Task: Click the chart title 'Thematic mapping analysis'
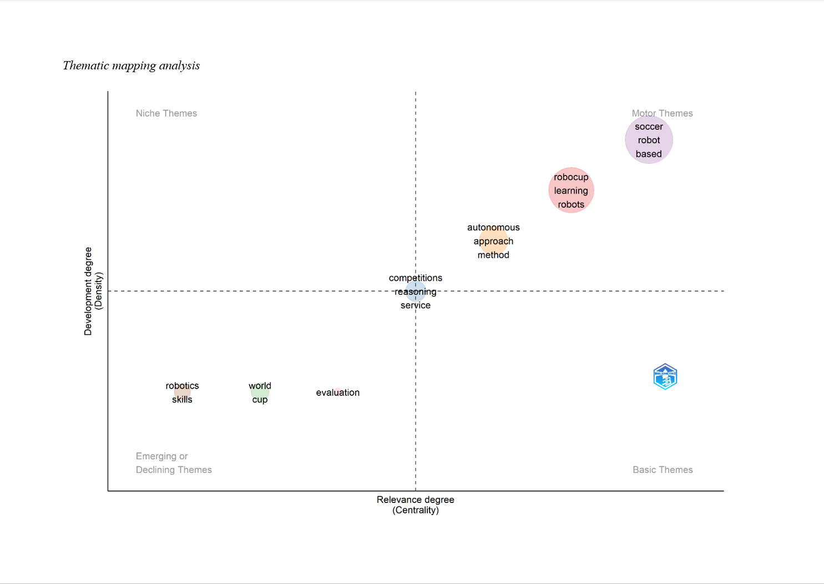pos(131,66)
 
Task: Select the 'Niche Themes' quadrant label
pos(166,113)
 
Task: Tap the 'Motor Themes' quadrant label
pos(662,113)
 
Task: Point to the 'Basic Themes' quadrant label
pos(663,470)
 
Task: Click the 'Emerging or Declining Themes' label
pos(173,463)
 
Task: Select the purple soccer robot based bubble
pos(649,140)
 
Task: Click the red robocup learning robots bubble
pos(571,190)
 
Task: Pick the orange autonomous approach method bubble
pos(493,241)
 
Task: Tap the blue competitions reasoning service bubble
pos(416,291)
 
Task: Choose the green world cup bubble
pos(260,392)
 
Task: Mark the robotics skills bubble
pos(182,392)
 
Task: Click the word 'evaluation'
pos(337,392)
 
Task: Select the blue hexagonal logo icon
pos(665,377)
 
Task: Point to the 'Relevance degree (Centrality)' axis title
pos(416,505)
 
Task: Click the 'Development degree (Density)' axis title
pos(93,291)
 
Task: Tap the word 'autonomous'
pos(493,228)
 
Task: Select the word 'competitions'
pos(416,278)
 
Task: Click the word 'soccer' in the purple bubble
pos(649,127)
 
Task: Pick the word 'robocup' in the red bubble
pos(571,177)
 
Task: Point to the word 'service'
pos(416,305)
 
